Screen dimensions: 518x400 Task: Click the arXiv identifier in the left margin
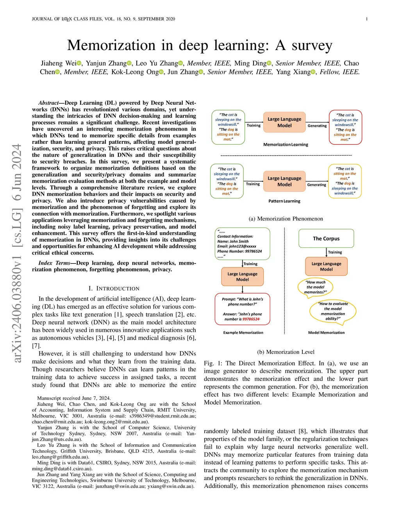(17, 253)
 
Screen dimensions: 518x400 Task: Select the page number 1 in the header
(366, 19)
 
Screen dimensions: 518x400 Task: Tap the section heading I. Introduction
(114, 289)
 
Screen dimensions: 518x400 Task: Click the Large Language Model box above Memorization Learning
(284, 122)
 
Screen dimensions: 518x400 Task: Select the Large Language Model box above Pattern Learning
(284, 181)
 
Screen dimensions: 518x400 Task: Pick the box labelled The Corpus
(326, 238)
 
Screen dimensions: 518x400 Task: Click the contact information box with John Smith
(242, 244)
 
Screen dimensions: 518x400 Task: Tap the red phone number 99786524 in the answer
(251, 319)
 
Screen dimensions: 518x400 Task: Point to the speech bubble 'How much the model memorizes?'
(315, 287)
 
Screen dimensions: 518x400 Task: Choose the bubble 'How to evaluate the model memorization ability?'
(333, 311)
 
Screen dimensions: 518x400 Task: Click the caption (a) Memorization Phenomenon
(286, 219)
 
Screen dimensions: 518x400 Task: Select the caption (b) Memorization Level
(286, 352)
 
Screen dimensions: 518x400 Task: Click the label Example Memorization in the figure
(243, 333)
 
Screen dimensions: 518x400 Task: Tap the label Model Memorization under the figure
(326, 333)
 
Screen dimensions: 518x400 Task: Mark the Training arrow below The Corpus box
(327, 252)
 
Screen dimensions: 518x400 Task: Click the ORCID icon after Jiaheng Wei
(79, 63)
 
